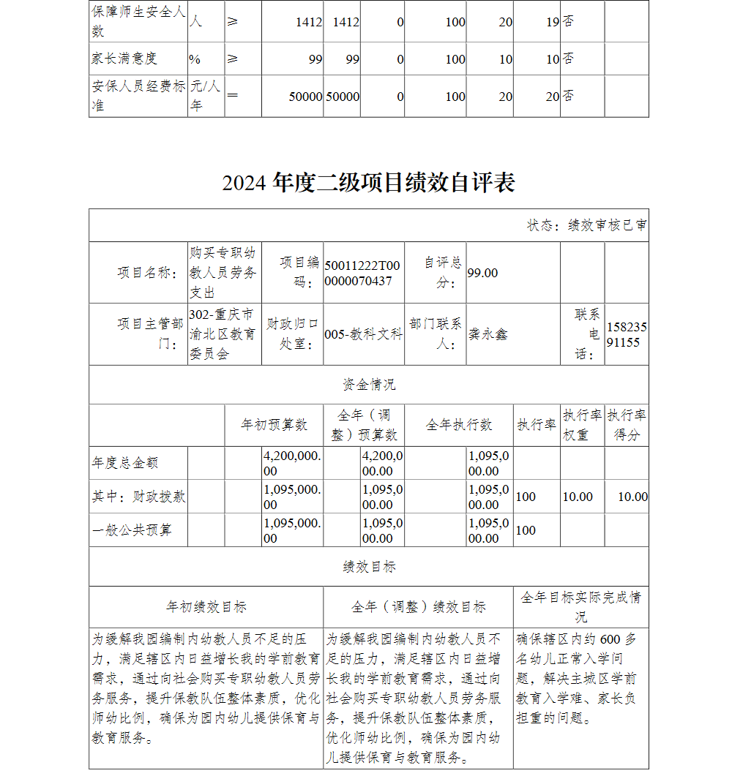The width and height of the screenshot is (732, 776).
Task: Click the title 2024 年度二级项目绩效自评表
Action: pos(368,182)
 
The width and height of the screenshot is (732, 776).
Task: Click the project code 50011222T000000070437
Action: pos(363,273)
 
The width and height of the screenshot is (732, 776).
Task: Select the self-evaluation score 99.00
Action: pos(482,273)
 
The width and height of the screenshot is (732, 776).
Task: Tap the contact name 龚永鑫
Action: pos(488,334)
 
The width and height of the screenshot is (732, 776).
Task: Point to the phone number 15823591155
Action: pos(627,334)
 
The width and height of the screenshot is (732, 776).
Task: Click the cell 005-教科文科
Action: pos(363,334)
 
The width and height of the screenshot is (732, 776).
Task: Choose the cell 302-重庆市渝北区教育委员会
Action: pos(223,334)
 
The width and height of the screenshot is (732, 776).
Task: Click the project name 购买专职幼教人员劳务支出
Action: pos(223,273)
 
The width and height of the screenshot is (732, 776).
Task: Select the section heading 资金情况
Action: pos(368,385)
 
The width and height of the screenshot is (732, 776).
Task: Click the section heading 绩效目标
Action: pos(368,566)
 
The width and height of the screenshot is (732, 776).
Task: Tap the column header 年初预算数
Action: pos(274,425)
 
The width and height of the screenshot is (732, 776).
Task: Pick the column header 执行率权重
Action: pos(582,425)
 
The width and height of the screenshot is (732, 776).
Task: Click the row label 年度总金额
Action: pos(125,463)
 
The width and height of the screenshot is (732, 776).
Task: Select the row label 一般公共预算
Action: pos(132,530)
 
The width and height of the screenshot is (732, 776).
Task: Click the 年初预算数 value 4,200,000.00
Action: pos(291,463)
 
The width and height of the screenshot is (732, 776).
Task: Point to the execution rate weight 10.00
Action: pos(577,497)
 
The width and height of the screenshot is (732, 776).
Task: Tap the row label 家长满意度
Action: pos(124,59)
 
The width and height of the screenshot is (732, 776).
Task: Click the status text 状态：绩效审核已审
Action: pos(586,225)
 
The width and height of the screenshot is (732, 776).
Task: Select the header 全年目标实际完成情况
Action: pos(580,606)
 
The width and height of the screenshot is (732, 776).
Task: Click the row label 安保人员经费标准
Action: pos(138,96)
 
